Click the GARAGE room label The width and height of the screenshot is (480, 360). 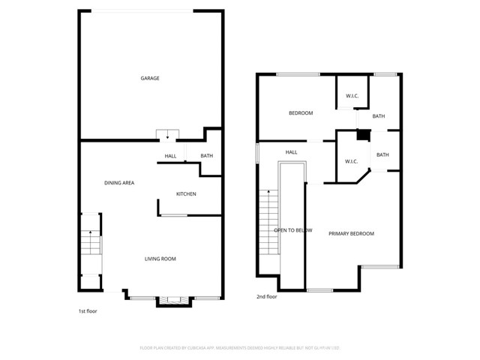coord(150,78)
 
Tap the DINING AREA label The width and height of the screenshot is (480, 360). coord(119,183)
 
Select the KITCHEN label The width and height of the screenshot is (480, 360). coord(186,194)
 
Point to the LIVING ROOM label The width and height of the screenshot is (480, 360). coord(160,259)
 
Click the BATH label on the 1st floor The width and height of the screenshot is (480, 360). coord(207,156)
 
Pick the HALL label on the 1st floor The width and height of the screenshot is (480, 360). coord(170,156)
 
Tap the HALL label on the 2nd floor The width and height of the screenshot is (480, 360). coord(291,152)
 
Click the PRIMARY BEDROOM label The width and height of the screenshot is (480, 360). coord(351,234)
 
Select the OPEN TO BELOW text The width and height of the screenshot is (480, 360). coord(292,230)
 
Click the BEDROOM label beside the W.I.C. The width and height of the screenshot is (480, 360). coord(301,113)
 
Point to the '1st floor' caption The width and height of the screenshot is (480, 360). coord(88,310)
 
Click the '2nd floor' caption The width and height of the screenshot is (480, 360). coord(267,297)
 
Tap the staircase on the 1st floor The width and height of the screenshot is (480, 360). coord(91,244)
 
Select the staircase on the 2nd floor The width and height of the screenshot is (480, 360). coord(268,223)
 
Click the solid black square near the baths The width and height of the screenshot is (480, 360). coord(363,136)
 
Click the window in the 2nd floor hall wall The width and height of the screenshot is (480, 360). coord(256,152)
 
